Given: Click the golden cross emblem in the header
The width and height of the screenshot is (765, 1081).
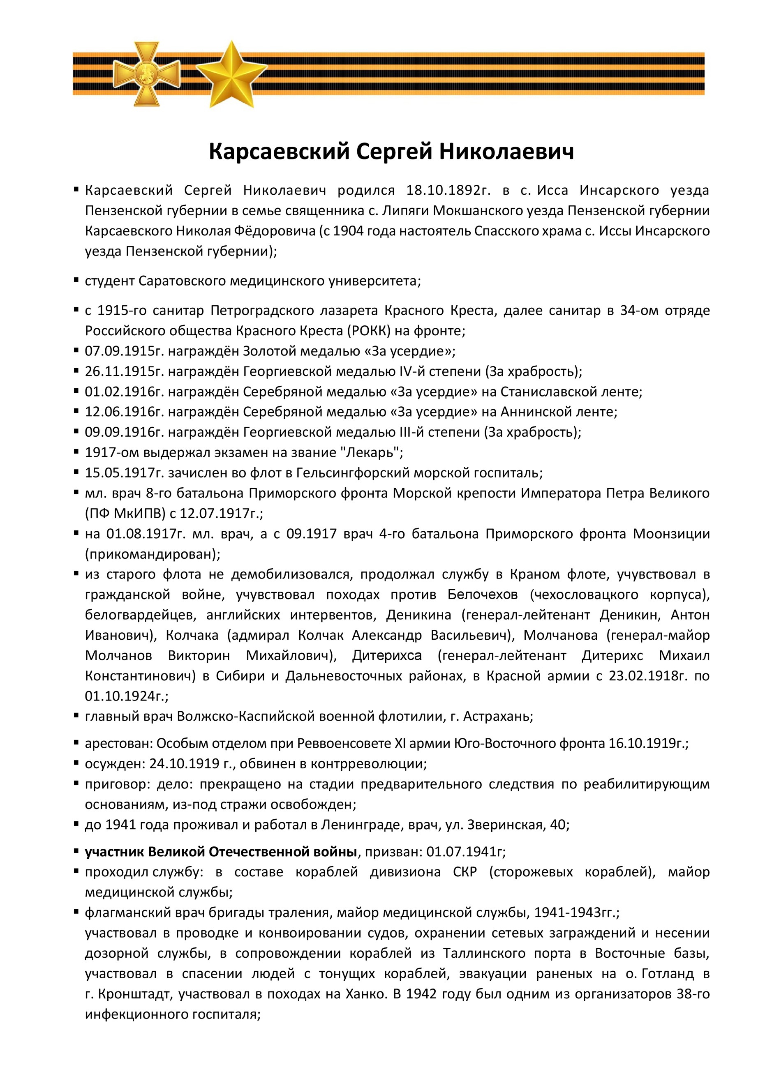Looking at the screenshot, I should pos(146,73).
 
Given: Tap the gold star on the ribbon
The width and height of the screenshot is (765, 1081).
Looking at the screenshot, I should pos(231,74).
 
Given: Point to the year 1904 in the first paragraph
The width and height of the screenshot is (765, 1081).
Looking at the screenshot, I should pos(348,231).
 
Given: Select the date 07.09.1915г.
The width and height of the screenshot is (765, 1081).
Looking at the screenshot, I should pos(125,351).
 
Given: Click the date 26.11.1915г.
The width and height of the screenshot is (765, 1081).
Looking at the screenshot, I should pos(125,371).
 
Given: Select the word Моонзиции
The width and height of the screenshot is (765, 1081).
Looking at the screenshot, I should pos(671,534).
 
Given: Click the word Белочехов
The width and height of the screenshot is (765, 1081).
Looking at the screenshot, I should pos(482,595).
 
